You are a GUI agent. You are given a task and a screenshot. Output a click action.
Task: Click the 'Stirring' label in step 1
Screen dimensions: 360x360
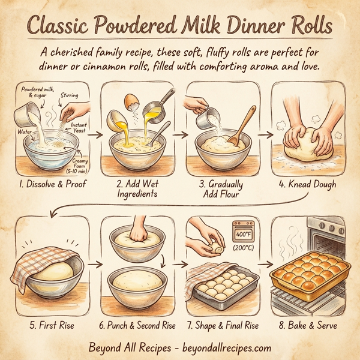(x=69, y=95)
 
